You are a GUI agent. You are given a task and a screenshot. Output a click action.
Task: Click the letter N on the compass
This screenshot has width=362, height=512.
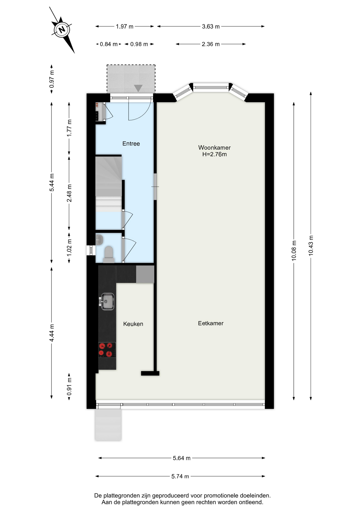click(62, 29)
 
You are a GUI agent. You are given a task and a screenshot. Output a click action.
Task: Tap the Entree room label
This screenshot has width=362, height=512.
click(131, 144)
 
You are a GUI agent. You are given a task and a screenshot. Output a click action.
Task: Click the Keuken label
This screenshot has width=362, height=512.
click(133, 324)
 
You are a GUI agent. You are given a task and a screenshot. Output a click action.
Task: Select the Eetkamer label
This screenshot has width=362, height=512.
click(211, 323)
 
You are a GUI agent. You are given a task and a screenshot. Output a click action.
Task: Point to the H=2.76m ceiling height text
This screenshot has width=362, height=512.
click(215, 154)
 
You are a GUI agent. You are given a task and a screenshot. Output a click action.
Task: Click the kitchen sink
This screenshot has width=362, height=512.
click(107, 302)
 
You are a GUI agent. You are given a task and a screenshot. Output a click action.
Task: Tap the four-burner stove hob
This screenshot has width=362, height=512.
click(107, 350)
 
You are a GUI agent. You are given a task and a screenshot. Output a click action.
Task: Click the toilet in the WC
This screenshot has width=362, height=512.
click(109, 254)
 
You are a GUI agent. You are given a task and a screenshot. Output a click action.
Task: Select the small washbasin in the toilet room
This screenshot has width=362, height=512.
click(99, 240)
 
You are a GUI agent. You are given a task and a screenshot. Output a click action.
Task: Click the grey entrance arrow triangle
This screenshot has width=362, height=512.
click(138, 88)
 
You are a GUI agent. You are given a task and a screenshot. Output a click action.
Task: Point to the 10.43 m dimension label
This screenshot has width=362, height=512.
click(311, 246)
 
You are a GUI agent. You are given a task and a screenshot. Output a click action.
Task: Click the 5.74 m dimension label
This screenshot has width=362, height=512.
click(180, 476)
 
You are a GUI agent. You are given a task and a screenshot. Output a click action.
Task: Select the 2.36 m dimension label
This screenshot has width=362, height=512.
click(211, 44)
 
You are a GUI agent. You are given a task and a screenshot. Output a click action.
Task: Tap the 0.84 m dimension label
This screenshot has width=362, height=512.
click(109, 44)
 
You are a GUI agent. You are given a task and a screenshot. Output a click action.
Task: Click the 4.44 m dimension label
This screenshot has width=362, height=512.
click(52, 333)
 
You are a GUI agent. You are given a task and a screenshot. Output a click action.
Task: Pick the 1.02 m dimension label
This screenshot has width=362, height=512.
click(69, 247)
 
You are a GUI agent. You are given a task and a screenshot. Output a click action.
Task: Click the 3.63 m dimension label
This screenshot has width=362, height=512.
click(211, 27)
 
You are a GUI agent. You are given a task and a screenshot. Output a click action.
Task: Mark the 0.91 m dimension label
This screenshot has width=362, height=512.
click(69, 387)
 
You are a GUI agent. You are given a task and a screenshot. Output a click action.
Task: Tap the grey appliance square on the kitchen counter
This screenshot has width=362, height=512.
click(145, 274)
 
